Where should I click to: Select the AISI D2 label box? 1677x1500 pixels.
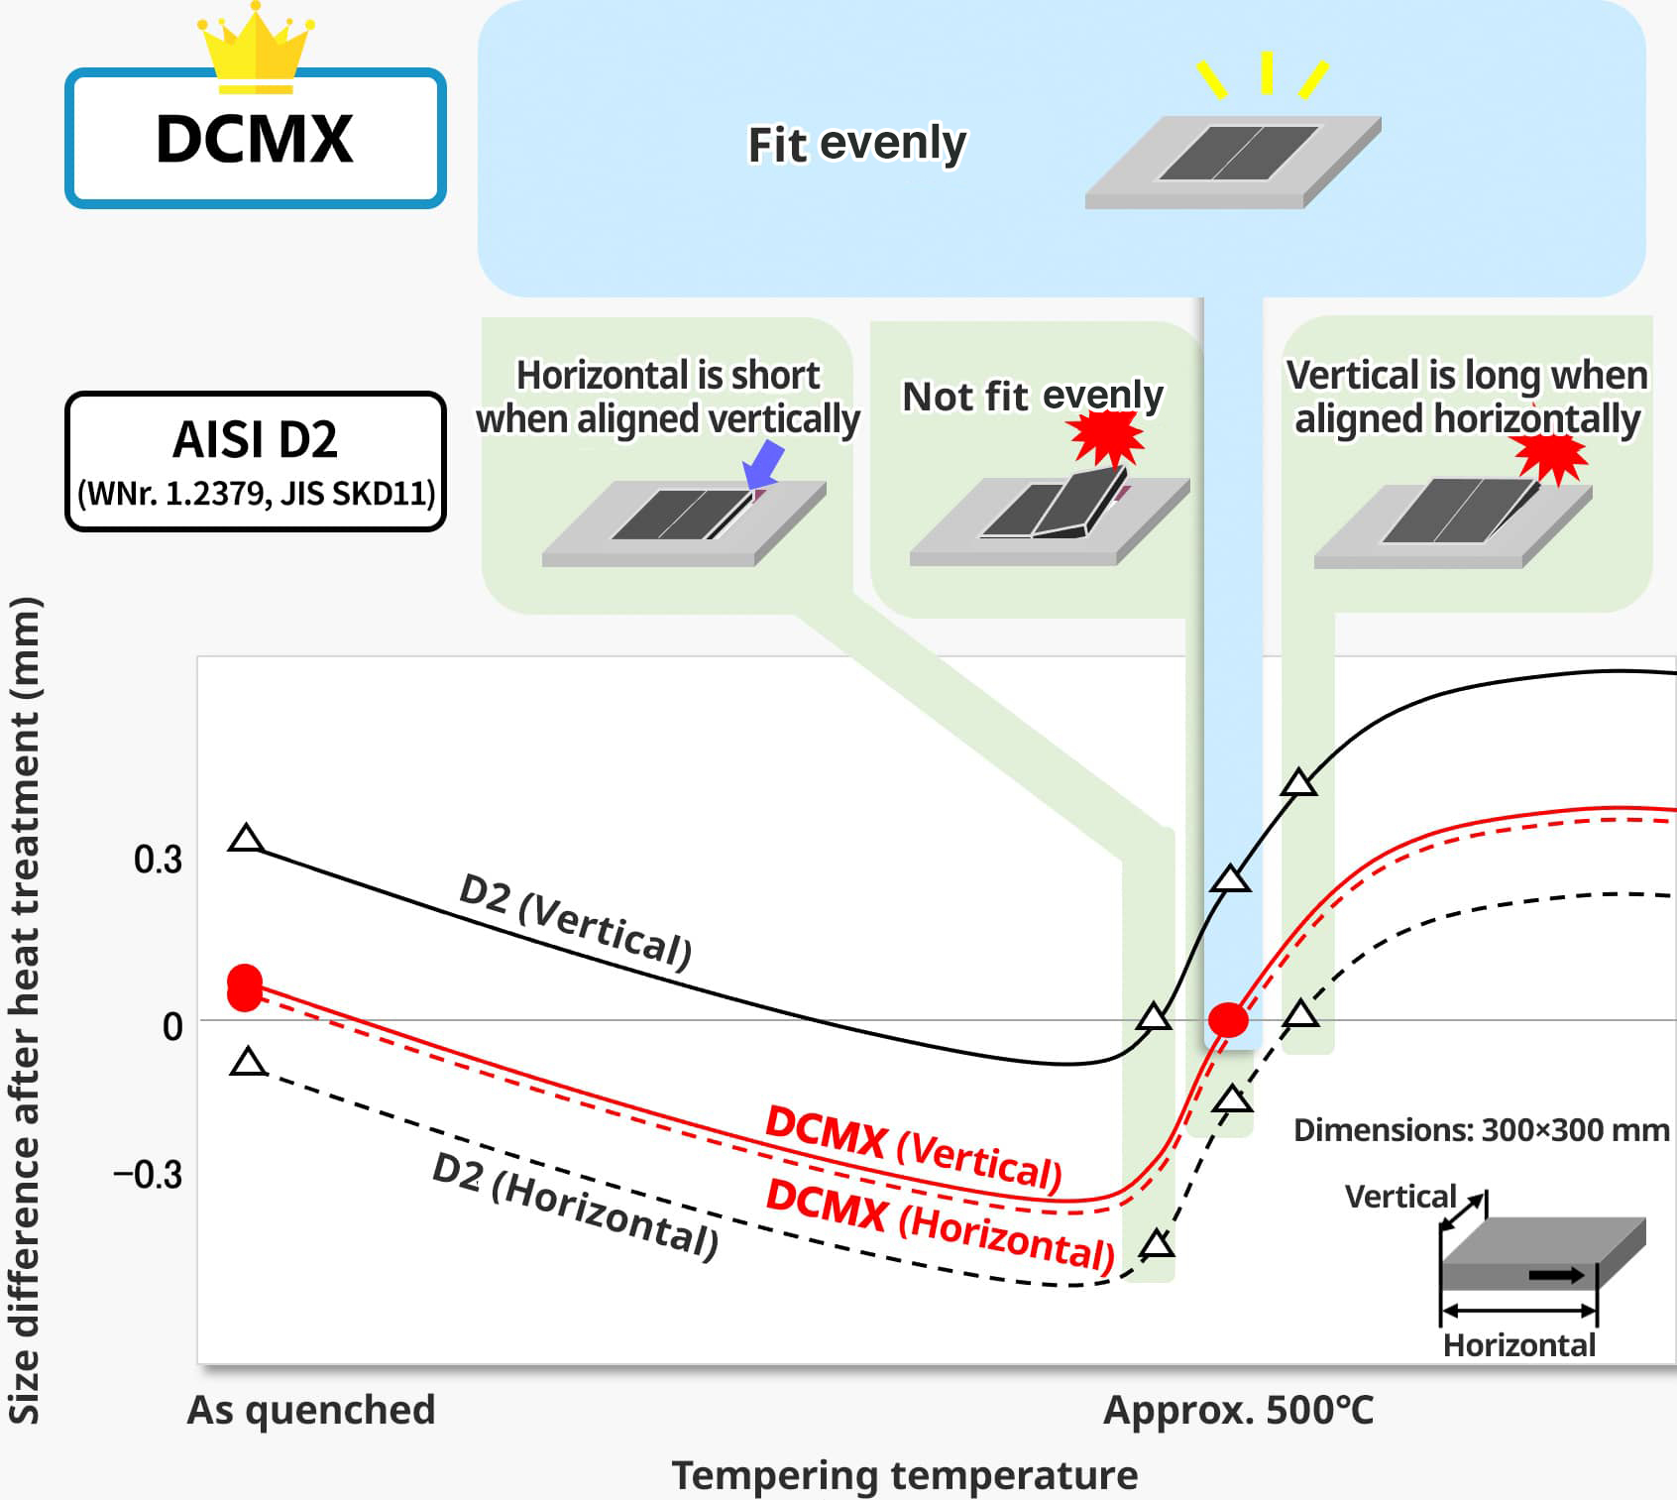(x=256, y=461)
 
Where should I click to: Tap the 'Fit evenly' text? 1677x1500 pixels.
(x=856, y=144)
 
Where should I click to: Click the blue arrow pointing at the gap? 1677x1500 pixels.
(x=765, y=464)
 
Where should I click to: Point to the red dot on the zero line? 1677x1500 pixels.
(x=1228, y=1019)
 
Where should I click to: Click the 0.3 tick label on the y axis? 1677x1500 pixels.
(x=159, y=860)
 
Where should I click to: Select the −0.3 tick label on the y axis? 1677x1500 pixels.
(x=149, y=1175)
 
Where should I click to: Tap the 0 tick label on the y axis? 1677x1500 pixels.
(x=172, y=1026)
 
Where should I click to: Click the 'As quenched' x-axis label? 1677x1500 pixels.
(x=311, y=1410)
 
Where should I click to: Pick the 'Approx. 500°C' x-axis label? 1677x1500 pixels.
(x=1238, y=1410)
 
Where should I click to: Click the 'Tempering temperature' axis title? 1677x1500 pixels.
(x=905, y=1475)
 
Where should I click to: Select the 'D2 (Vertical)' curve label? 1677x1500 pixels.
(x=575, y=921)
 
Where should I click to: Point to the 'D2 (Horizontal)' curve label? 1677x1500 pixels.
(x=575, y=1206)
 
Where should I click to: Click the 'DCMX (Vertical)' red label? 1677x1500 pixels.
(x=913, y=1147)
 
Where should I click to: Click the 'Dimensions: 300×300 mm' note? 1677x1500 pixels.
(x=1481, y=1130)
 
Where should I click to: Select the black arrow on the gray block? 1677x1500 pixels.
(x=1556, y=1275)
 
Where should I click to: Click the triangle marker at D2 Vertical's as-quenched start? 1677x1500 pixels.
(x=247, y=840)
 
